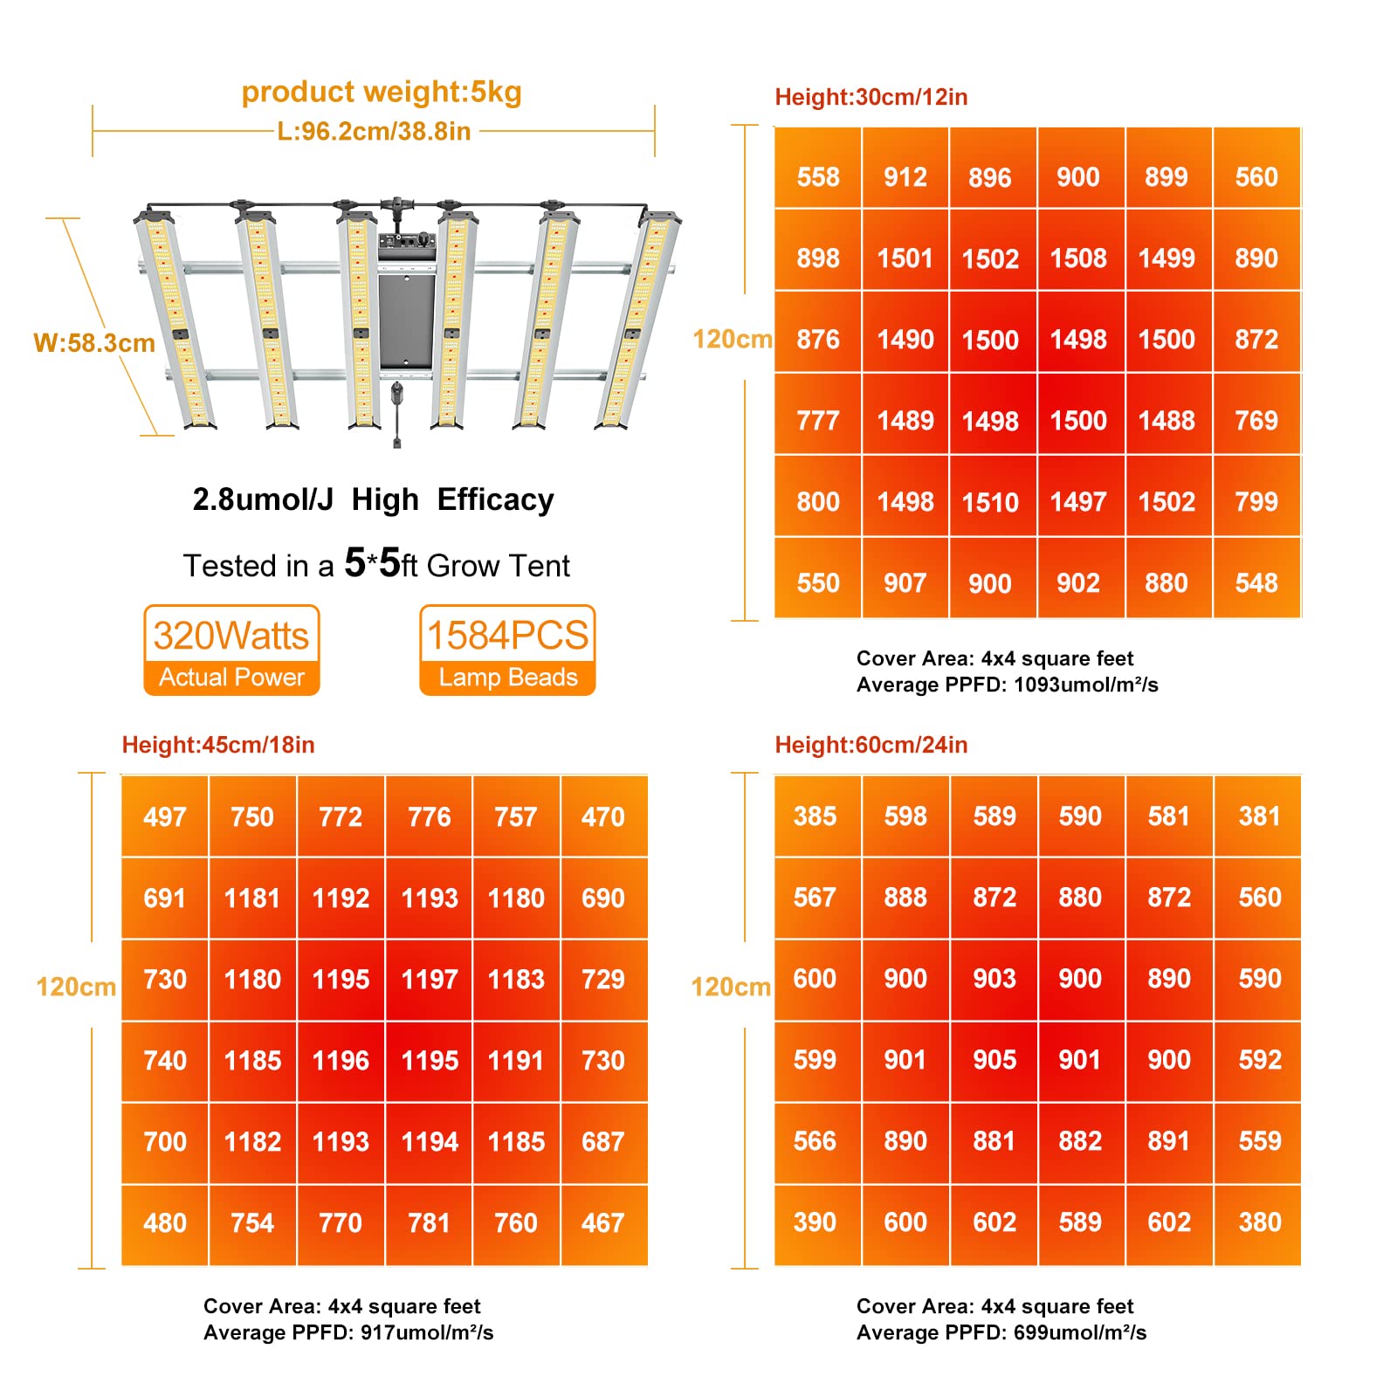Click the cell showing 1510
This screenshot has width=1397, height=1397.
(x=990, y=502)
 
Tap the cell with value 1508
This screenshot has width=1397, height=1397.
(x=1078, y=258)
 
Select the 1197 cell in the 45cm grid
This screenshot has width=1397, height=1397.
(x=430, y=980)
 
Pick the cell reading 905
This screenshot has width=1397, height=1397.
(x=994, y=1060)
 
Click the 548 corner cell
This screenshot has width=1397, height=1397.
(x=1256, y=583)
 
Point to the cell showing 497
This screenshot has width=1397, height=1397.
(x=165, y=817)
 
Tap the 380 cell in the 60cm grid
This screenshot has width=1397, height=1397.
(x=1259, y=1222)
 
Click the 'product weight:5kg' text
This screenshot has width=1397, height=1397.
(x=382, y=92)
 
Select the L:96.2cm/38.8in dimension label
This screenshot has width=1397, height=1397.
(x=374, y=132)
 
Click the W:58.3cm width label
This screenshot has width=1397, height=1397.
(x=94, y=343)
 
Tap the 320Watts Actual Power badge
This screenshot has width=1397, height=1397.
(x=231, y=650)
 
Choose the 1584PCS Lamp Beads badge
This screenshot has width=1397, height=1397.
(x=507, y=650)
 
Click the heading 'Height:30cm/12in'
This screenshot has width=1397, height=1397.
(x=871, y=97)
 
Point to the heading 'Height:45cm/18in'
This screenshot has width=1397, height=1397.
(x=218, y=745)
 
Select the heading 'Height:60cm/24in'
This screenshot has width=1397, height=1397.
(x=871, y=745)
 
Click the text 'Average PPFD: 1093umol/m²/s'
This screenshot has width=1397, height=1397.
(x=1007, y=685)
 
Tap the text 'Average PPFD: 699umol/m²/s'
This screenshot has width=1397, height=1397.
(x=1001, y=1332)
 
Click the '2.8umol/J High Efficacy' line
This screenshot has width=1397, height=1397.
(x=373, y=499)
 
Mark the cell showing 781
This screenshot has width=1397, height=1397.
(x=429, y=1223)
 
